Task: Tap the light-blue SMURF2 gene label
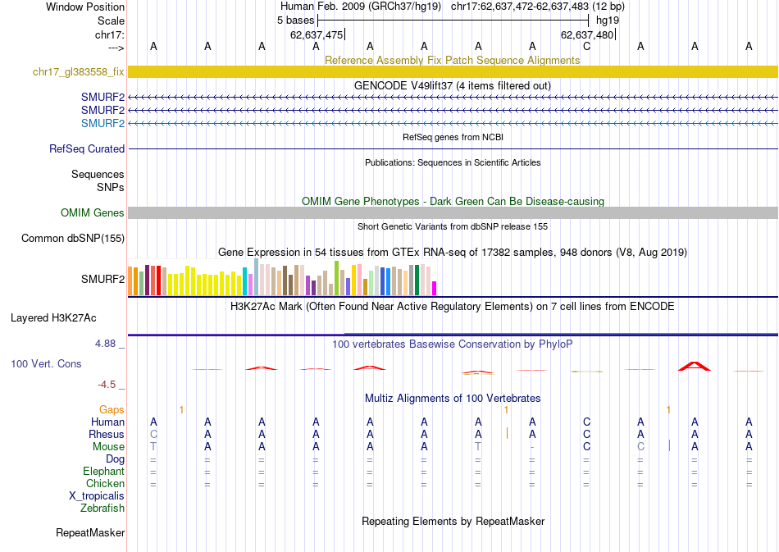pos(102,123)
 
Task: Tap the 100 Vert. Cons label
pos(45,363)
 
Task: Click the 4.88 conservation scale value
pos(110,344)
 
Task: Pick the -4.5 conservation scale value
pos(110,384)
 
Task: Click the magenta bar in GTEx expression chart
pos(435,288)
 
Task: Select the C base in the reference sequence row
pos(586,46)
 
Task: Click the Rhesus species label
pos(107,434)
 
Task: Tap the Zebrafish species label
pos(102,508)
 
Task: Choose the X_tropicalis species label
pos(97,495)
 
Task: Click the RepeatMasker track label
pos(90,533)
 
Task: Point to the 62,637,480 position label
pos(586,34)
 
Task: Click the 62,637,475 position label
pos(317,34)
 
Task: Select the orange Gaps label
pos(112,409)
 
